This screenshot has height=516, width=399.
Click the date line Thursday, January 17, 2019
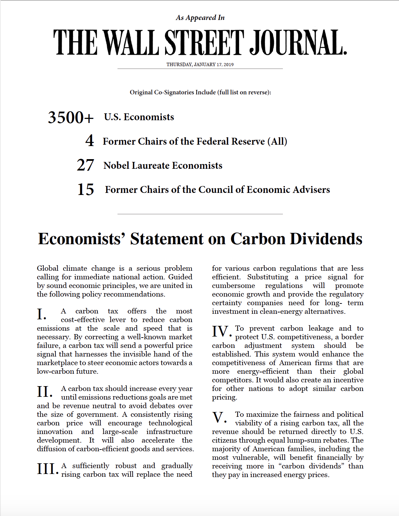(200, 64)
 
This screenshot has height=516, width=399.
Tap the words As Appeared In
(200, 18)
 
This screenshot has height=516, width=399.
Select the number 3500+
(71, 117)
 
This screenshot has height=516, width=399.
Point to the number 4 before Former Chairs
(90, 141)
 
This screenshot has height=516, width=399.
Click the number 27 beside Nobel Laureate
(85, 165)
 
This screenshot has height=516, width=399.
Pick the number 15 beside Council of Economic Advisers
(86, 189)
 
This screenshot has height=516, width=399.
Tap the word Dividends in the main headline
(326, 239)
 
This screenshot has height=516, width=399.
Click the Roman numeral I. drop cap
(42, 314)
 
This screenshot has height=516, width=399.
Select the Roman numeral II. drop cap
(45, 392)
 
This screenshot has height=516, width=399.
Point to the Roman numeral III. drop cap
(48, 469)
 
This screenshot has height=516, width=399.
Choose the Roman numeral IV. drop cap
(222, 331)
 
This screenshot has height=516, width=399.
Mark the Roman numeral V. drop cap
(219, 417)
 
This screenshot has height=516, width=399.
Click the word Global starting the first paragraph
(48, 268)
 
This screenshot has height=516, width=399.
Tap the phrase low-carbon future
(68, 371)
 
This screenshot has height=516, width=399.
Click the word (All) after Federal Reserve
(277, 142)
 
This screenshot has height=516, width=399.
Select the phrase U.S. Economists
(139, 117)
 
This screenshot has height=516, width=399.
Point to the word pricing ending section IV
(224, 397)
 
